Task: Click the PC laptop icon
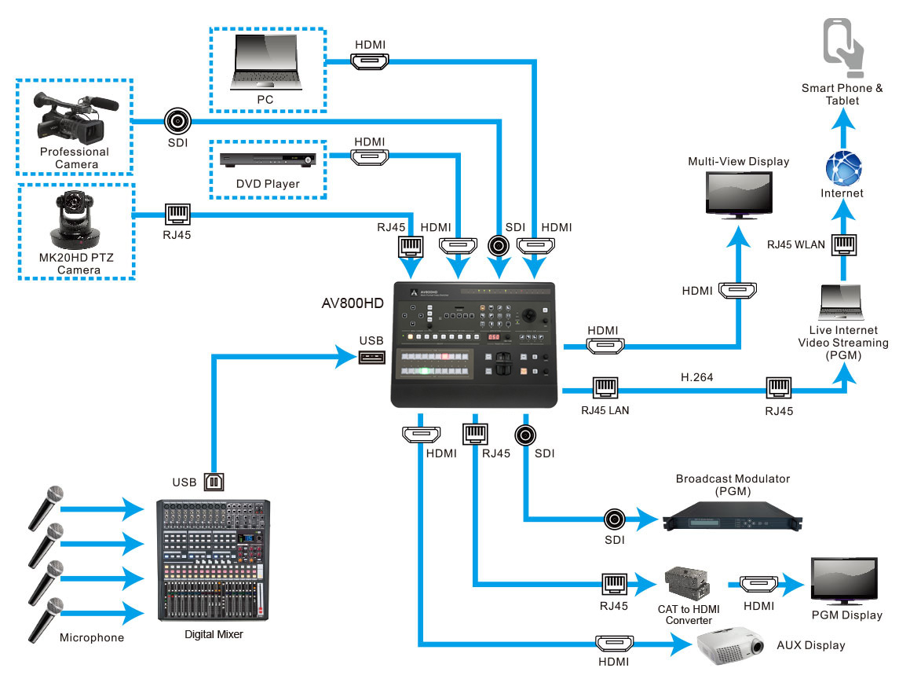(265, 62)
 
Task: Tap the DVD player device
(268, 160)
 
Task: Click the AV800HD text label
(353, 303)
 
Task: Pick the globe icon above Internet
(843, 168)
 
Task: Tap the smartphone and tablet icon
(842, 48)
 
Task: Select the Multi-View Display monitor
(739, 195)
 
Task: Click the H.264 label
(696, 377)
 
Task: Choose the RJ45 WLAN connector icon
(844, 244)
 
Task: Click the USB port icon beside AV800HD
(371, 358)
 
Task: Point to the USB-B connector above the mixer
(214, 482)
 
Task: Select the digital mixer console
(214, 560)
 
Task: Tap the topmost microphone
(46, 508)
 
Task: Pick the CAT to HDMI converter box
(688, 584)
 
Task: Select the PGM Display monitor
(844, 581)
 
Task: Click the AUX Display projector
(730, 646)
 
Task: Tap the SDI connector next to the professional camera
(177, 121)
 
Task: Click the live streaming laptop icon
(842, 302)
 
